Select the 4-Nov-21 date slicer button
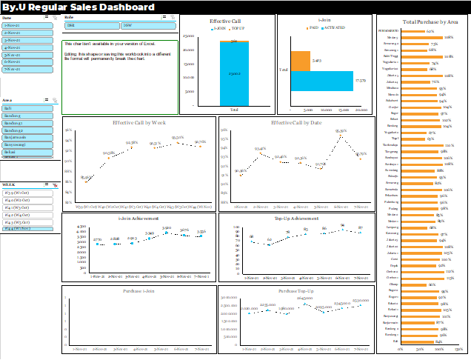(27, 47)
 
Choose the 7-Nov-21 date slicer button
(27, 68)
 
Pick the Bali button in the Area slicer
(27, 108)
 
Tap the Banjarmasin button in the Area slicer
(27, 137)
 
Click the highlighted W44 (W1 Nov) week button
(27, 229)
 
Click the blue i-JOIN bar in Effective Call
(234, 76)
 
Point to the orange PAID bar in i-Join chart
(300, 61)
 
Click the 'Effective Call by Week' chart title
(138, 122)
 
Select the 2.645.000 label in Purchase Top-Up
(304, 298)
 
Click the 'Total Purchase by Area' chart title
(423, 23)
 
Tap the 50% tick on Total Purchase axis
(420, 349)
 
